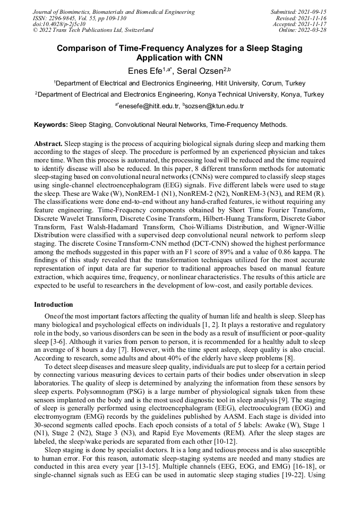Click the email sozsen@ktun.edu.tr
215,106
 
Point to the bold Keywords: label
51,125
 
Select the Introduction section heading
54,305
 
